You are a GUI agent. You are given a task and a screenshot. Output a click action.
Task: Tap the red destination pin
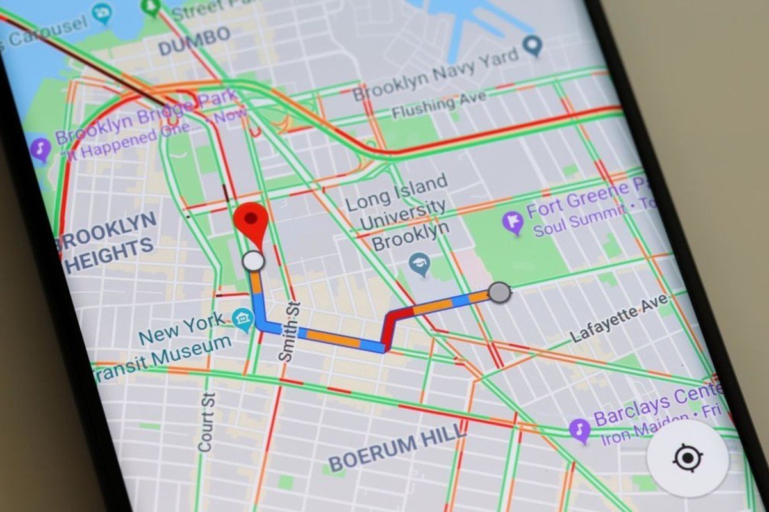pos(251,220)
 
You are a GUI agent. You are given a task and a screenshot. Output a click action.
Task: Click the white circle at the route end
pos(254,261)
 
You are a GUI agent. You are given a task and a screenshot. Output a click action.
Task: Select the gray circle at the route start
pos(499,292)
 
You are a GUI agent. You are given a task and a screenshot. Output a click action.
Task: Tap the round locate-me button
pos(687,458)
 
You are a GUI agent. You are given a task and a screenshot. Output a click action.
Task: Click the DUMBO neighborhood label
pos(194,40)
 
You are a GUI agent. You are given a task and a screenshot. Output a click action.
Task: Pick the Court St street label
pos(207,422)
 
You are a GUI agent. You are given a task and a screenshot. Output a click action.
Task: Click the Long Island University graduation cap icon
pos(420,264)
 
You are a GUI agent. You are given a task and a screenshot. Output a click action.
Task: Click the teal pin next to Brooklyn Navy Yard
pos(532,45)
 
